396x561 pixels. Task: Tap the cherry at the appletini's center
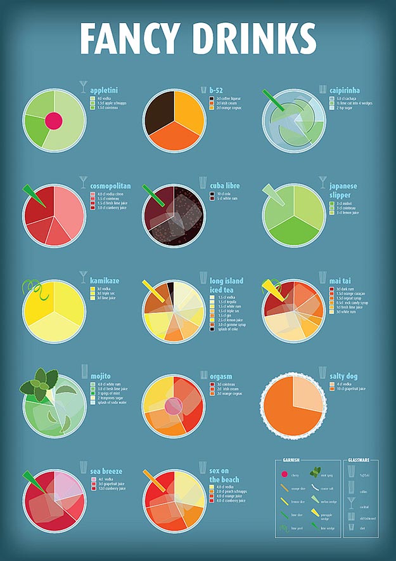(x=53, y=120)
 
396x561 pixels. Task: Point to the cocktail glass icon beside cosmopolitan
(x=83, y=182)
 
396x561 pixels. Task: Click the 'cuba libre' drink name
(x=225, y=186)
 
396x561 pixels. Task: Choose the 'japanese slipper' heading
(x=343, y=190)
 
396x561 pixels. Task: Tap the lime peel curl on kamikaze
(x=30, y=290)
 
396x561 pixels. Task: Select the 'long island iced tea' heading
(x=226, y=285)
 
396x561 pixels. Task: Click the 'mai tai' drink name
(x=340, y=280)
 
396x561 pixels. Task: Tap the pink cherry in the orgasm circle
(x=173, y=406)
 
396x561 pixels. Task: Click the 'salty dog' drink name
(x=343, y=376)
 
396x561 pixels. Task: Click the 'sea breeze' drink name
(x=106, y=472)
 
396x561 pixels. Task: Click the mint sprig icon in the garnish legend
(x=314, y=472)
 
